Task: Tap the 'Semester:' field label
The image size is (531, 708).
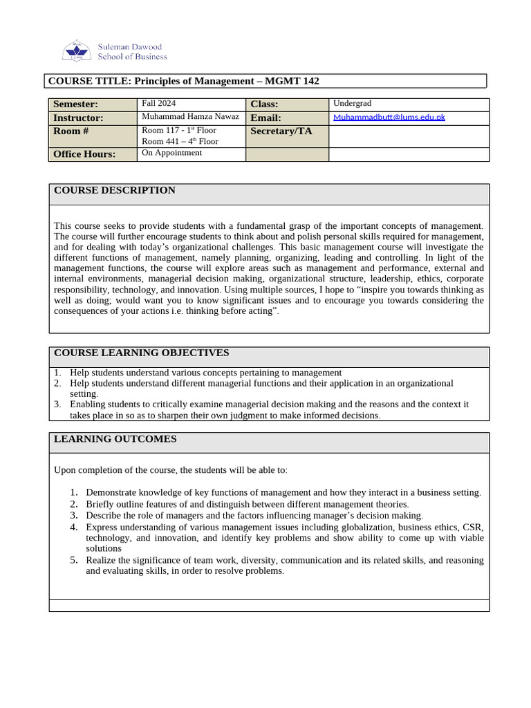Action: pyautogui.click(x=76, y=104)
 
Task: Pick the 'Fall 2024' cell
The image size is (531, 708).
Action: pyautogui.click(x=159, y=103)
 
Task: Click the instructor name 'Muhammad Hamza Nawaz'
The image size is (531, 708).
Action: pyautogui.click(x=190, y=117)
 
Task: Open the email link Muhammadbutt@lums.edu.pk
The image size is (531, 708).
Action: pyautogui.click(x=389, y=117)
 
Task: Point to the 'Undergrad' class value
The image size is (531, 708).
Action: pyautogui.click(x=352, y=103)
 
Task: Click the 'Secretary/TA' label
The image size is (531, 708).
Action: pyautogui.click(x=281, y=131)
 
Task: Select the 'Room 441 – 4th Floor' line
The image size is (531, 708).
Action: pyautogui.click(x=180, y=141)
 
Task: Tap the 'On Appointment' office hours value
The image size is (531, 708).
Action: pyautogui.click(x=171, y=153)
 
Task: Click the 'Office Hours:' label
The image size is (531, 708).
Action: pyautogui.click(x=84, y=154)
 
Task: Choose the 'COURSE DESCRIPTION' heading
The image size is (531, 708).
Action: pyautogui.click(x=114, y=190)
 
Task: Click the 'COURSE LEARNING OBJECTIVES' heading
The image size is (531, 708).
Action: pyautogui.click(x=141, y=353)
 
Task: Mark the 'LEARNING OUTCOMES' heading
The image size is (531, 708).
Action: pyautogui.click(x=115, y=439)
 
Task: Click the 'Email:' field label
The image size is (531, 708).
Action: pyautogui.click(x=265, y=118)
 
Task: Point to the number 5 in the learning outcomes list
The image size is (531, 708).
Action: pyautogui.click(x=73, y=560)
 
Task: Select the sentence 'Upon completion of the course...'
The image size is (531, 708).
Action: pyautogui.click(x=170, y=470)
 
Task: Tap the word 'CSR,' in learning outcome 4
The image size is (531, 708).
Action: pyautogui.click(x=472, y=527)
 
